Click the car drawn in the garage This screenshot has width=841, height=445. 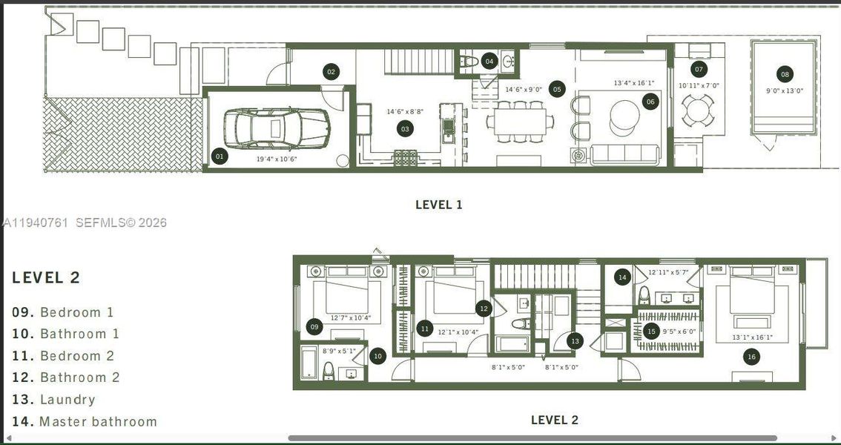coord(274,128)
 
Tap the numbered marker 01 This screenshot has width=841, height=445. coord(220,156)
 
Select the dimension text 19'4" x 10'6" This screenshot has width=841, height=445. coord(277,158)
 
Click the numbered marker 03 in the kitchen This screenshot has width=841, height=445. coord(405,129)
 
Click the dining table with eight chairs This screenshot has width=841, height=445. coord(520,121)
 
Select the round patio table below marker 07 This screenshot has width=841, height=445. coord(698,112)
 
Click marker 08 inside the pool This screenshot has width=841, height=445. coord(784,74)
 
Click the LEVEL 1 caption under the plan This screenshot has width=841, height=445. coord(438,205)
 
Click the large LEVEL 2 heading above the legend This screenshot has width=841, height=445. coord(46,278)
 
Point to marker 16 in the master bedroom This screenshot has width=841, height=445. coord(751,357)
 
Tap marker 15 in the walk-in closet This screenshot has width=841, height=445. coord(651,332)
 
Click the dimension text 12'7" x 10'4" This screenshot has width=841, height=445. coord(350,318)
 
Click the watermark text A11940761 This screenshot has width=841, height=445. coord(36,222)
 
